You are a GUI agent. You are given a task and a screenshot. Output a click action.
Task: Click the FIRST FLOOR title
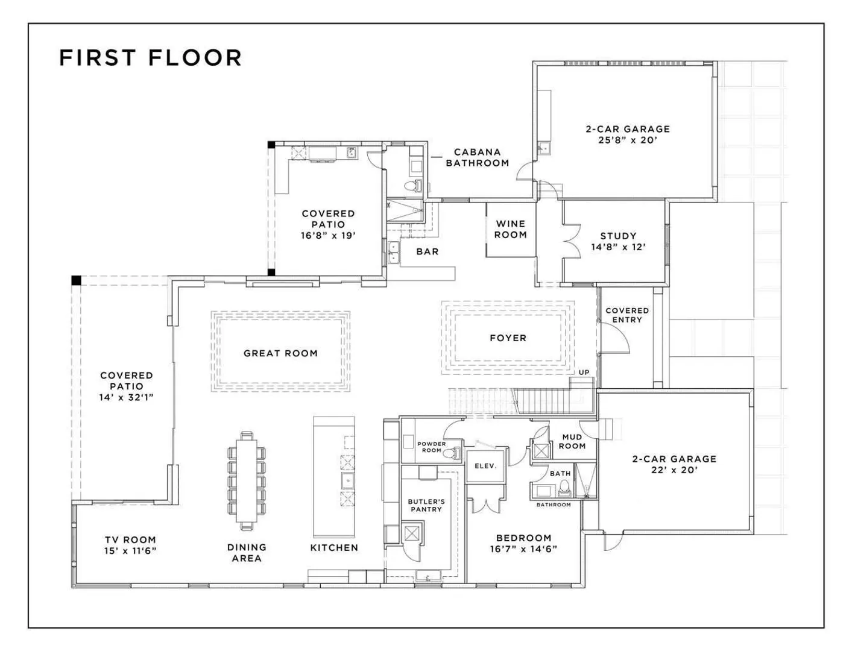tap(150, 57)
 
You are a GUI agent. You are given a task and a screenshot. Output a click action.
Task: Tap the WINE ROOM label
tap(511, 229)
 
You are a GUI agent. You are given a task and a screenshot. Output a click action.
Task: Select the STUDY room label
tap(618, 236)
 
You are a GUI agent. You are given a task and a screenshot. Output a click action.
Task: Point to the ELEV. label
tap(485, 466)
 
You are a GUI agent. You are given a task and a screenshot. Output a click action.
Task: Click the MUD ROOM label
tap(572, 441)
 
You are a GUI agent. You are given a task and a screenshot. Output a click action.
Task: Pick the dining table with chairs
tap(247, 480)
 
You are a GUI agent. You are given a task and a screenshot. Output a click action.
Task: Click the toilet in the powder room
tap(452, 453)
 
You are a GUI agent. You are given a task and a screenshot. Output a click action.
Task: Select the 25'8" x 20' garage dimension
tap(628, 140)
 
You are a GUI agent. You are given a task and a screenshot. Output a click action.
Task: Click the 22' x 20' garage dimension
tap(674, 470)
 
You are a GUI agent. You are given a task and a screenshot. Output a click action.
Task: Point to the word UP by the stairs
tap(584, 373)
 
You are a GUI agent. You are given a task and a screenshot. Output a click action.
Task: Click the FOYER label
tap(508, 338)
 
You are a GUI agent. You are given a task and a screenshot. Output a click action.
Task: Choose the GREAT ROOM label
tap(280, 353)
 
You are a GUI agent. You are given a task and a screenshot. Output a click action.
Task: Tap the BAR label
tap(428, 252)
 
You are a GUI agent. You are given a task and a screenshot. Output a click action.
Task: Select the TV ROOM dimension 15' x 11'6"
tap(130, 550)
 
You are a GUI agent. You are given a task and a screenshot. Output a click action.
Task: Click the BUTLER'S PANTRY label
tap(426, 506)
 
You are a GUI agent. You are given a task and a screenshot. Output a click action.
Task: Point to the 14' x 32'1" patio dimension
tap(127, 397)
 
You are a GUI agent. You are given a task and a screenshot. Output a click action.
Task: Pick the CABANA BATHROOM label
tap(478, 157)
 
